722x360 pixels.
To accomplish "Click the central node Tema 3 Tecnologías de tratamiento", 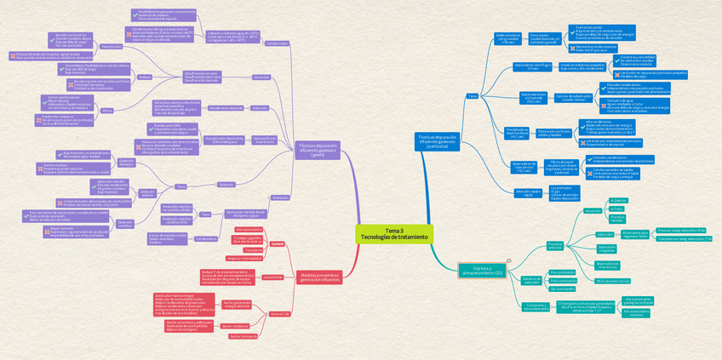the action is point(394,234).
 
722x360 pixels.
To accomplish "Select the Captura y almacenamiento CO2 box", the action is point(482,271).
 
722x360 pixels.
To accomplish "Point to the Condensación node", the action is point(277,43).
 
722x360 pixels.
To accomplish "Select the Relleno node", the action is point(145,77).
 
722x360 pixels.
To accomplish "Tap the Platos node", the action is point(106,111).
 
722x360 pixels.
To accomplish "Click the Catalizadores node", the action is point(207,239).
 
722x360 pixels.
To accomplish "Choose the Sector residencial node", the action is point(235,326).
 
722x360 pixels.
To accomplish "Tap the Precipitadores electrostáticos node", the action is point(517,132).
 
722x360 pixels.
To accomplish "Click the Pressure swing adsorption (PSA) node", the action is point(682,230).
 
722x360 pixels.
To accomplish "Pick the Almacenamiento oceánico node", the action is point(636,313).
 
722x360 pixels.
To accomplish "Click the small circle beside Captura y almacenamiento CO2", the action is point(508,261).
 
